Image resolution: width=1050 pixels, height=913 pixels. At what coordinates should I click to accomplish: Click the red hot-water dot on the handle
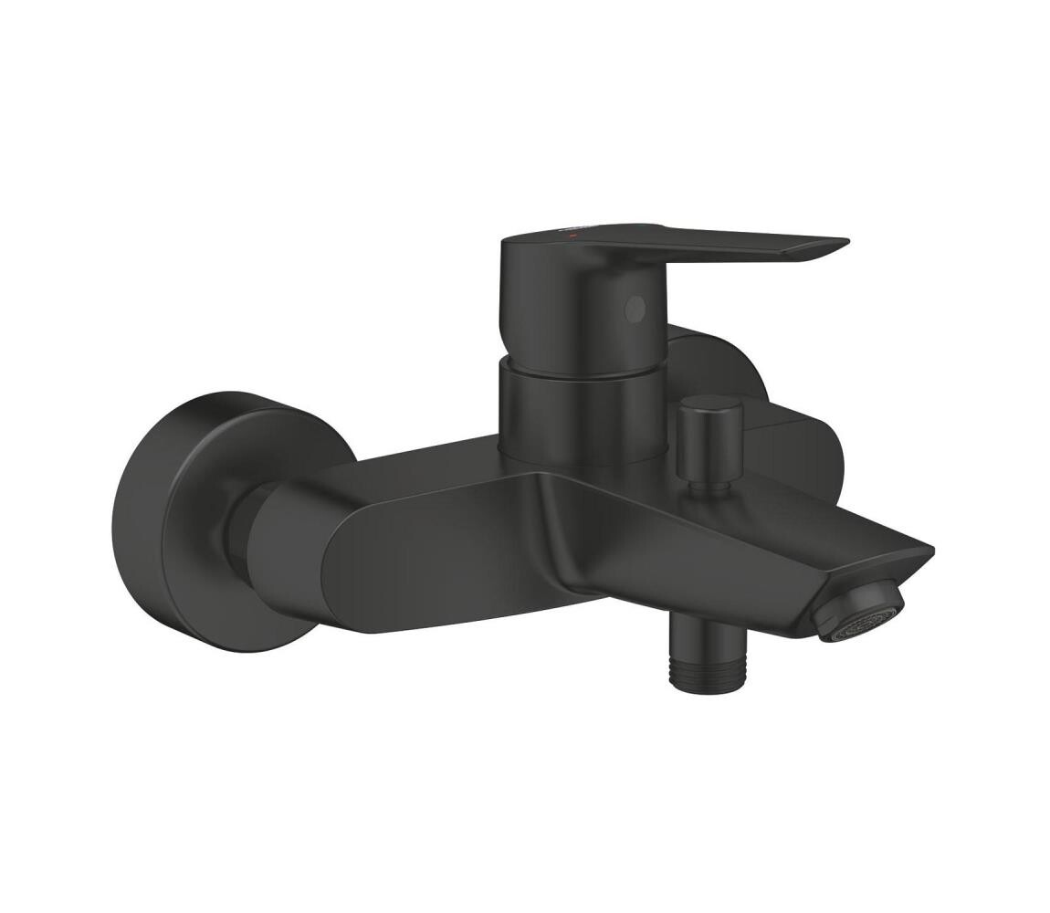coord(572,236)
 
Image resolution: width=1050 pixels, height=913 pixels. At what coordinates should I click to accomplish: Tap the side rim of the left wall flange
coord(137,520)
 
